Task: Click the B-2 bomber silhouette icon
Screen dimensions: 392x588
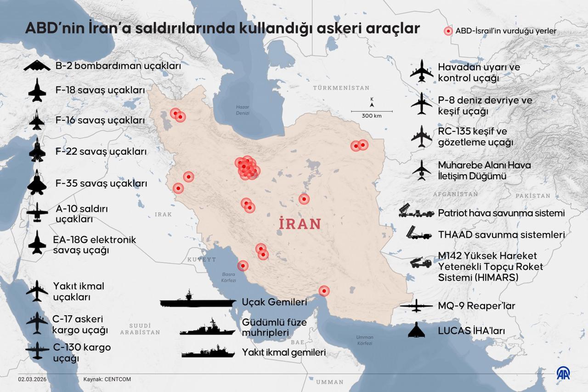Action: coord(37,66)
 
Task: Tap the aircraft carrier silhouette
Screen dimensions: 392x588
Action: coord(197,301)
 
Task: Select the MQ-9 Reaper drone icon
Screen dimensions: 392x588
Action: coord(417,306)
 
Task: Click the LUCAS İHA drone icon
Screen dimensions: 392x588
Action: coord(417,330)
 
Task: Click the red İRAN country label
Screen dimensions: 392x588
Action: coord(300,224)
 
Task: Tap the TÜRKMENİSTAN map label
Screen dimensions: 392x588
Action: coord(341,88)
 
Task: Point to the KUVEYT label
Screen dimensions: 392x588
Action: coord(201,260)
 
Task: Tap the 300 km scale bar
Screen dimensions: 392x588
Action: coord(372,111)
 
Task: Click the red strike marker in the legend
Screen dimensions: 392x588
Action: coord(448,31)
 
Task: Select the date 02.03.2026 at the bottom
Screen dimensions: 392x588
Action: coord(32,380)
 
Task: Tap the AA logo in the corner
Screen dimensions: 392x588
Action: coord(563,373)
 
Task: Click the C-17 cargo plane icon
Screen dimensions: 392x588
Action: coord(37,323)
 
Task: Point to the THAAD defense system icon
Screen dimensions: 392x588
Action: coord(418,234)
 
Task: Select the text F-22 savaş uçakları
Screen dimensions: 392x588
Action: coord(101,151)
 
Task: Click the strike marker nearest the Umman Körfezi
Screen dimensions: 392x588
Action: coord(324,291)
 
